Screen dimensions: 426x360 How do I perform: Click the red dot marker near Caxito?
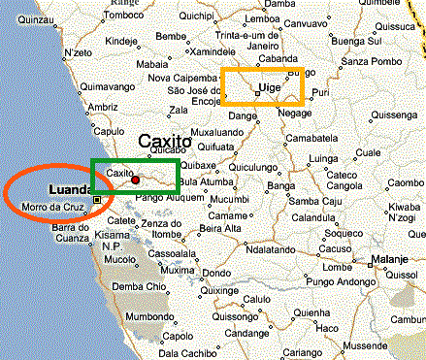click(136, 180)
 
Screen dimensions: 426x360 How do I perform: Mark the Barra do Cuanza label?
click(70, 234)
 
